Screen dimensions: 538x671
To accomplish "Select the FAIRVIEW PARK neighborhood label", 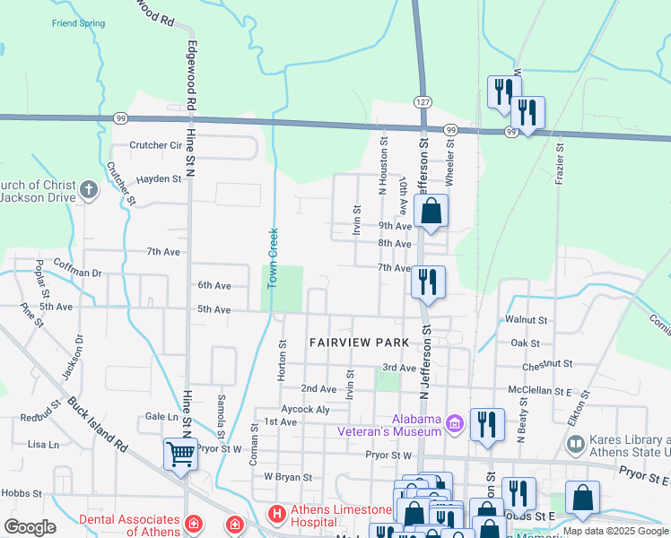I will point(359,343).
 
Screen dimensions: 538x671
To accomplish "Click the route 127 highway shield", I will point(423,102).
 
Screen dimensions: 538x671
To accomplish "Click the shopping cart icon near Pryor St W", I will point(180,454).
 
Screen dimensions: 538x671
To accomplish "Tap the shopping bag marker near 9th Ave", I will point(431,212).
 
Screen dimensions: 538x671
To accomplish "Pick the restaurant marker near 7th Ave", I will point(428,282).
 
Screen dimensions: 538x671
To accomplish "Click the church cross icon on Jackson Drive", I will point(88,190).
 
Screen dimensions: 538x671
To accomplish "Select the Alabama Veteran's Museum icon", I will point(455,421).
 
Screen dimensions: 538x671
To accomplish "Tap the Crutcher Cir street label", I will point(155,145).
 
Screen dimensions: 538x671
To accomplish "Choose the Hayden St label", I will point(159,179).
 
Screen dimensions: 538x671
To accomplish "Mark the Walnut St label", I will point(527,319).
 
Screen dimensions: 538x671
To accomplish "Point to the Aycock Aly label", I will point(305,409).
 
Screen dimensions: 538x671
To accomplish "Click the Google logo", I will point(30,527).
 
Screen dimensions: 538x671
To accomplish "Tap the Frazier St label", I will point(560,163).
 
